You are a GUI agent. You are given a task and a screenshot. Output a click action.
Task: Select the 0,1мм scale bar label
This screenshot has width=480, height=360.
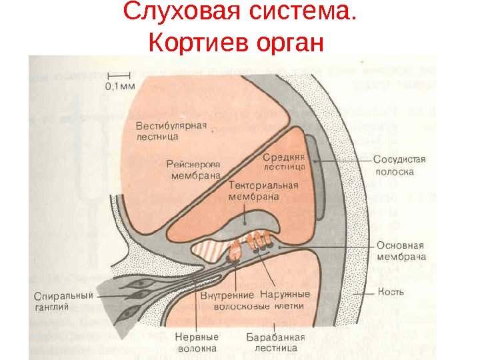tap(121, 85)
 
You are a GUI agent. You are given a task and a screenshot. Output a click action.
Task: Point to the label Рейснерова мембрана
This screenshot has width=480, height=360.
tap(193, 170)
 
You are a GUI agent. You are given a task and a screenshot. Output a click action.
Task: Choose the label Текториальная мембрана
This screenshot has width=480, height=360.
tap(263, 191)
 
